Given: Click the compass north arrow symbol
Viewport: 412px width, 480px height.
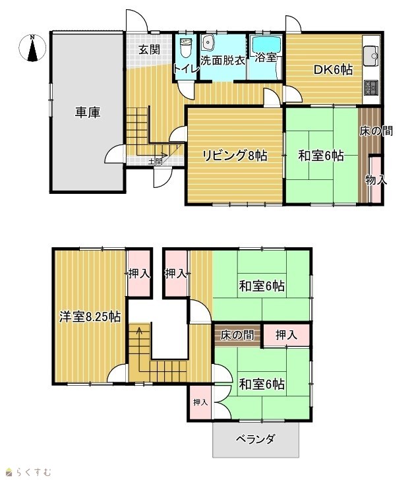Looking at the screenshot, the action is pos(32,48).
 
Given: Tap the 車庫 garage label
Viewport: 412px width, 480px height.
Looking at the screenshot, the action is pos(88,112).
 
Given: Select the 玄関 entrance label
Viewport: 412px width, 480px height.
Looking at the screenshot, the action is pos(150,49).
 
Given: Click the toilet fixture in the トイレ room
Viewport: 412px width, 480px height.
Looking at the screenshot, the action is pos(186,47).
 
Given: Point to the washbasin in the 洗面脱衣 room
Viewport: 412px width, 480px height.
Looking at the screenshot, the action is pos(208,42).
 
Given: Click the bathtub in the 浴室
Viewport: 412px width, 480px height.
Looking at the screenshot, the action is pos(266,45).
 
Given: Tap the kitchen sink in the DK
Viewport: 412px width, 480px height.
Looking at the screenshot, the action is pos(371,55).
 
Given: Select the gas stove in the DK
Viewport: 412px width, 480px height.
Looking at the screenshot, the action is pos(371,88).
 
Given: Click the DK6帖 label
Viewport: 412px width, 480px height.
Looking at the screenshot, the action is pos(334,70).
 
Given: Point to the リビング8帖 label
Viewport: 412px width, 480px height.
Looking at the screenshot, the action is pos(235,156).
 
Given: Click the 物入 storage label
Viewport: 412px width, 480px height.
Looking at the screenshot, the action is pos(376,180).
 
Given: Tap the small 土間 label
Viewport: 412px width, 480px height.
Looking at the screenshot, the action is pos(155,162).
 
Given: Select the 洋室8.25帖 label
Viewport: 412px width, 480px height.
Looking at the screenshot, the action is pos(90,316).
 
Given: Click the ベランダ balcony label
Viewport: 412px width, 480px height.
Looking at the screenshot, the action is pos(256,440).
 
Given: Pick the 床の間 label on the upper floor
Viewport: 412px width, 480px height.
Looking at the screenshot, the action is pos(237,335).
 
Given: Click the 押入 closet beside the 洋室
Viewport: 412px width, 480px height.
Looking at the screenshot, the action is pos(139,274).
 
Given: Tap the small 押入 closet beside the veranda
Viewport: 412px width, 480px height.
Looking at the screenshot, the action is pos(200,402).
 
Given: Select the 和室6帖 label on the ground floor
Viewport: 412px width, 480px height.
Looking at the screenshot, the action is pos(321,156).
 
